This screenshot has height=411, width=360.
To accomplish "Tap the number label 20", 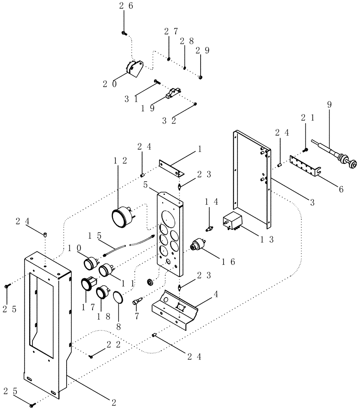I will (x=109, y=84).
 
